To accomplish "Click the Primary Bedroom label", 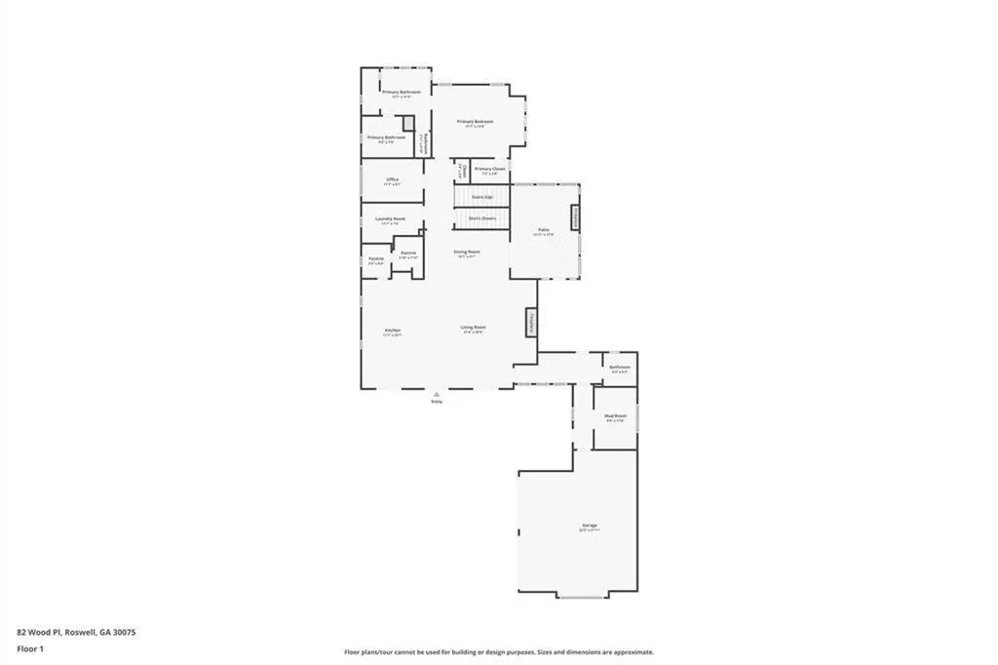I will (476, 122).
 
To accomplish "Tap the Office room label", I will (392, 179).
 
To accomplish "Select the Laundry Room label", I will (390, 218).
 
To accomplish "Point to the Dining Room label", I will (467, 252).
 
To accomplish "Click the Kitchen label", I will (392, 331).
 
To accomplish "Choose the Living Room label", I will (474, 328).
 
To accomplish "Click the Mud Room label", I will (615, 416).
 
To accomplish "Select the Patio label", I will (544, 230).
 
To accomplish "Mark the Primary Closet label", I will (490, 169).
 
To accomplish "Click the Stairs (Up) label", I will (481, 197).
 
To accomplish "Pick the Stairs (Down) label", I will (481, 218).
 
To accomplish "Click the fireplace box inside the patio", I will (576, 217).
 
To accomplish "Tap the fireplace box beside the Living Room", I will (532, 323).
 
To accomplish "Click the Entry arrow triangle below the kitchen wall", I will (436, 394).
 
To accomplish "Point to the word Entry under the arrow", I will (436, 401).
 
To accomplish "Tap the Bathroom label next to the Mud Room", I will (620, 368).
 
